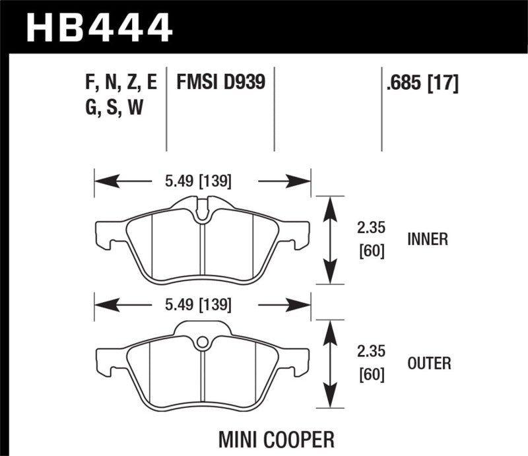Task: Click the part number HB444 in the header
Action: point(99,27)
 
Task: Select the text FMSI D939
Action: point(220,82)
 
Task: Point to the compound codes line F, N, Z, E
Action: point(121,82)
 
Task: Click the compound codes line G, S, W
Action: point(114,108)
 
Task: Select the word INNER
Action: point(428,240)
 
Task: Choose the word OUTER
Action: point(429,363)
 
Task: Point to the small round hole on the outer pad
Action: point(203,341)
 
